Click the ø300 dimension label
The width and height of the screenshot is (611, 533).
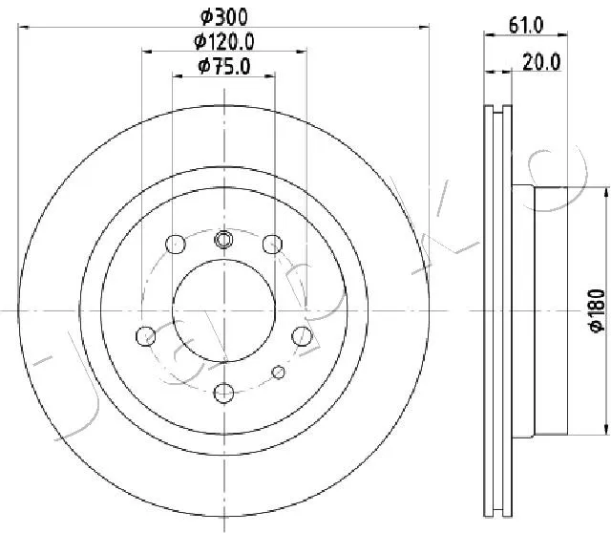224,17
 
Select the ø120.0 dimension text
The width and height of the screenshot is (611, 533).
224,41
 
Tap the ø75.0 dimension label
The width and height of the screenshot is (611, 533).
224,66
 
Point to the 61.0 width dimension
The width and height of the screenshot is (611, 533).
526,26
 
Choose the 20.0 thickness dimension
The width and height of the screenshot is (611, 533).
541,62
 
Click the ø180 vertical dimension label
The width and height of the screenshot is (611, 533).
598,310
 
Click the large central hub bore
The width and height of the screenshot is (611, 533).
223,310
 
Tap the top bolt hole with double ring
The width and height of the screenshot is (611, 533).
223,239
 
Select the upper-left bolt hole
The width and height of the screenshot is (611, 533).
176,245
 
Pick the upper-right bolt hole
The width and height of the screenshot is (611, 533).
272,245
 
